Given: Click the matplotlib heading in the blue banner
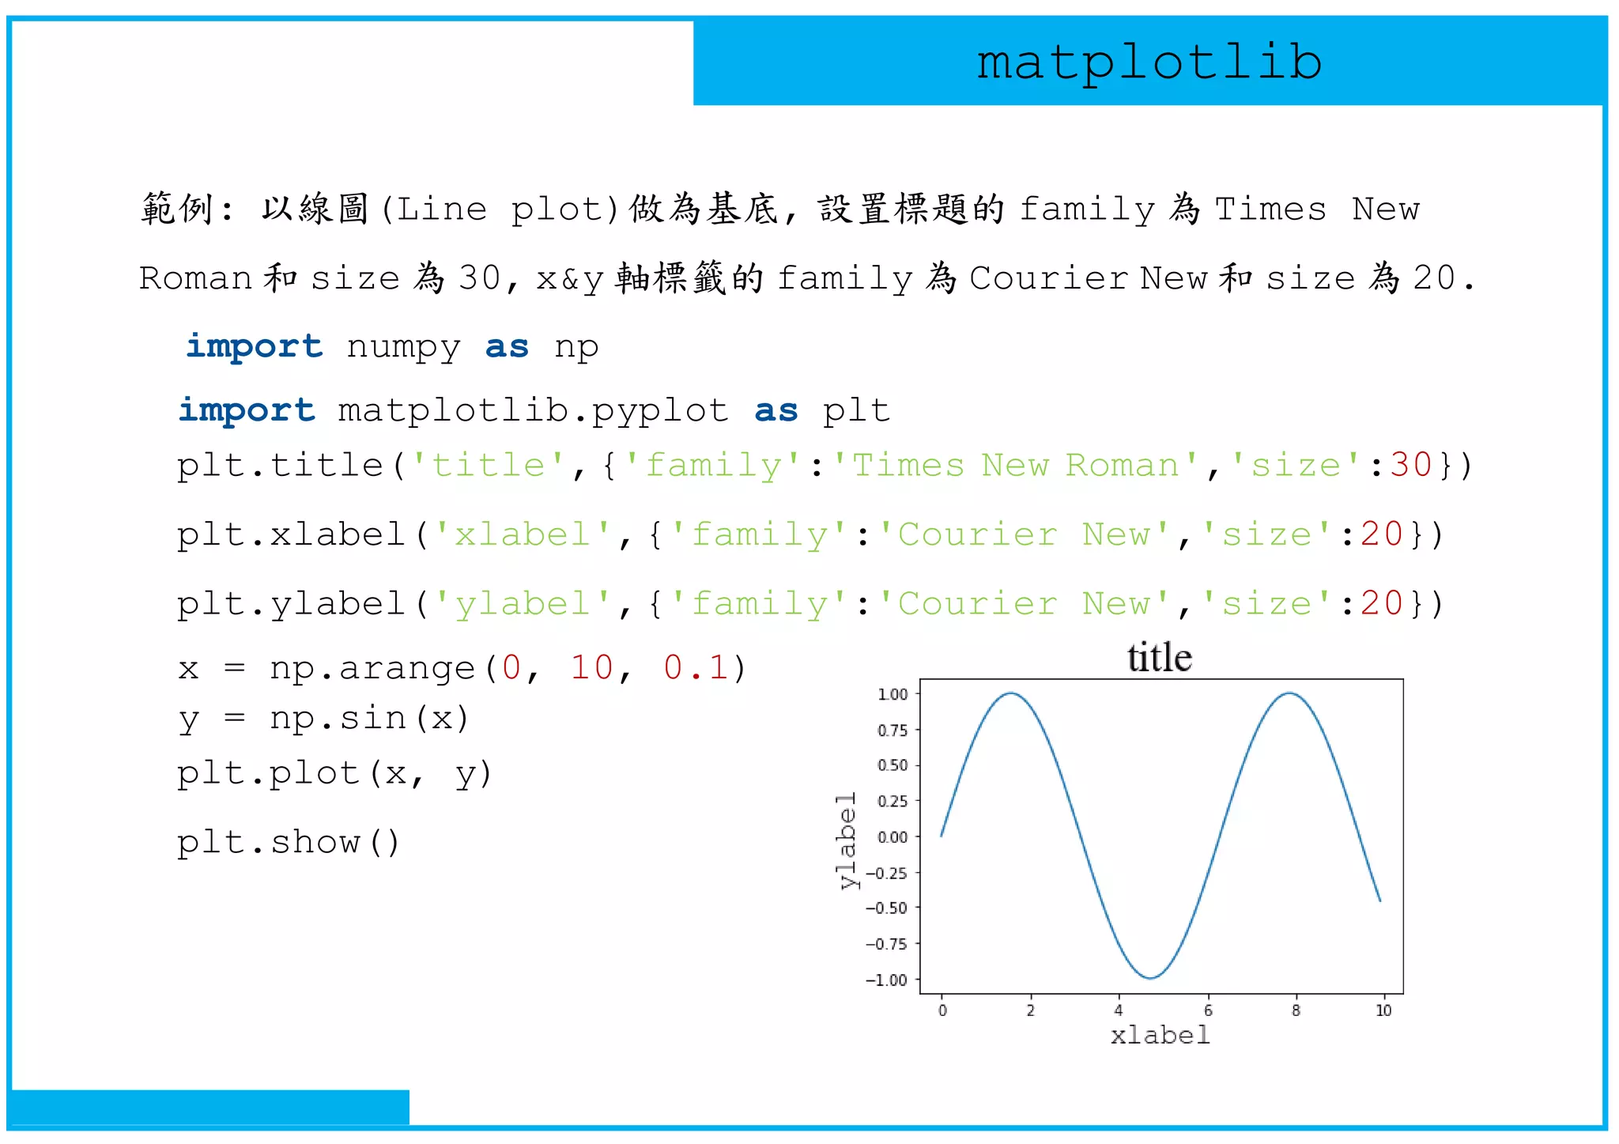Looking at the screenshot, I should pyautogui.click(x=1149, y=62).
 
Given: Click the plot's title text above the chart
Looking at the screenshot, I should pyautogui.click(x=1159, y=658).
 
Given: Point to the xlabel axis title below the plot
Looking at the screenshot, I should pyautogui.click(x=1160, y=1035).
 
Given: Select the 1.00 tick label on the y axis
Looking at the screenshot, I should pyautogui.click(x=893, y=694).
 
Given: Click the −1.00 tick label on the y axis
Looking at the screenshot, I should pyautogui.click(x=886, y=980).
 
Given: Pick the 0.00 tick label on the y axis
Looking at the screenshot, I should pyautogui.click(x=893, y=837).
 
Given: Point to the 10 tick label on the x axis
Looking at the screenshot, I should pyautogui.click(x=1383, y=1010).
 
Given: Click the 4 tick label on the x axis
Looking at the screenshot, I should pyautogui.click(x=1118, y=1010).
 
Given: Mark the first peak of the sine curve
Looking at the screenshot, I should pyautogui.click(x=1011, y=693).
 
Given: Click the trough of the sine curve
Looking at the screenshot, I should pyautogui.click(x=1150, y=978).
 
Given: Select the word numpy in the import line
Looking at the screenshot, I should pyautogui.click(x=403, y=347).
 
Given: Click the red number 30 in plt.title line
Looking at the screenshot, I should pyautogui.click(x=1411, y=465).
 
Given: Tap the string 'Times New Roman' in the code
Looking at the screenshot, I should pyautogui.click(x=1015, y=465).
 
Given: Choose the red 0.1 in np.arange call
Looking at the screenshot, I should pyautogui.click(x=696, y=668).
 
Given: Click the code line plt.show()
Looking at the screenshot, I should pyautogui.click(x=289, y=843).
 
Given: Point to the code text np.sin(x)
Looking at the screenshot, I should pyautogui.click(x=369, y=719).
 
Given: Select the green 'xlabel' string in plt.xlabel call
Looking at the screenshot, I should pyautogui.click(x=522, y=535).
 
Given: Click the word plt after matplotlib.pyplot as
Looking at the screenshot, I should pyautogui.click(x=856, y=411).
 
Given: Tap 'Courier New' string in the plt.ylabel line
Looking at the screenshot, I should pyautogui.click(x=1025, y=605).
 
